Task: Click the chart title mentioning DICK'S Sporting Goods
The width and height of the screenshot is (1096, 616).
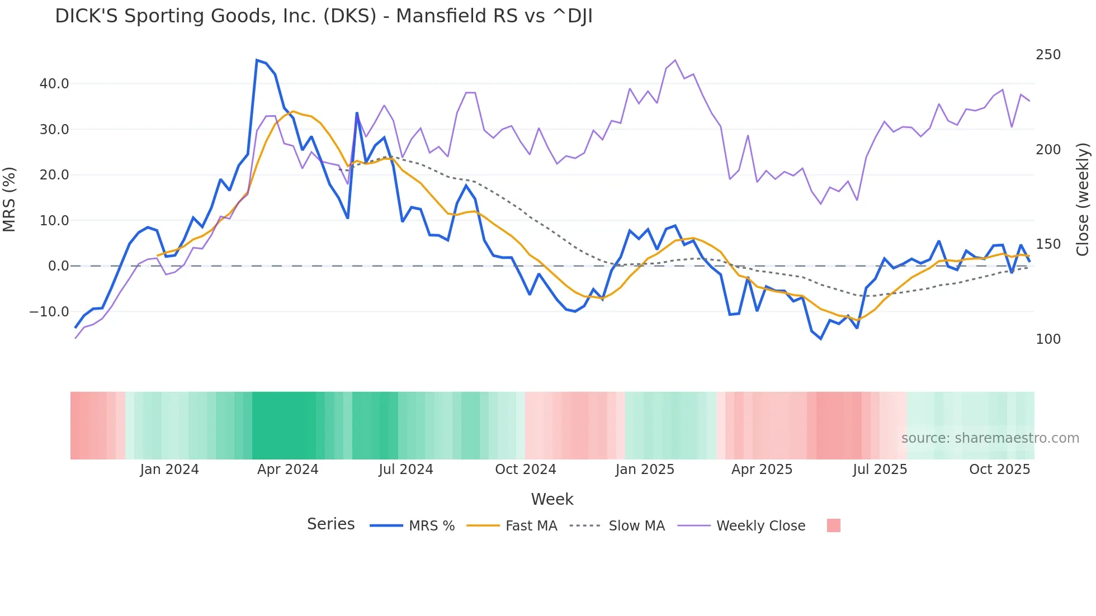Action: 323,16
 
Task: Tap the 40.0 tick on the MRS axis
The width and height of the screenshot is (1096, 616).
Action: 54,84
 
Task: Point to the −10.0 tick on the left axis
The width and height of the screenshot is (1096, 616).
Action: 49,312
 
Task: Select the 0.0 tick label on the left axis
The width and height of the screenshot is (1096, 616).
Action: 58,266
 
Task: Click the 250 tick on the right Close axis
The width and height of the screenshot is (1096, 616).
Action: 1048,55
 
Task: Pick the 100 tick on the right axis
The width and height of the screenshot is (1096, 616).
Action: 1048,339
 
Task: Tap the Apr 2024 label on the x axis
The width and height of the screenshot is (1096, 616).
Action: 287,470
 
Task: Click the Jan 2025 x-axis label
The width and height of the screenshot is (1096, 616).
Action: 645,470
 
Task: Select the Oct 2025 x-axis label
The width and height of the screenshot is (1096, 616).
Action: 999,470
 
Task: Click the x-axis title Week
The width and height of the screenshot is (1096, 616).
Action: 552,499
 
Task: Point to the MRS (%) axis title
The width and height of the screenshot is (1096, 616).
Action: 10,199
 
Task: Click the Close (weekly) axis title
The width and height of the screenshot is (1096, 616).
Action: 1083,199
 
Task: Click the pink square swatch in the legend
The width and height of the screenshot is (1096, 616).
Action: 833,525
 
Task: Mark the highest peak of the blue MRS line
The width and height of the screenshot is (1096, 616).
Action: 257,60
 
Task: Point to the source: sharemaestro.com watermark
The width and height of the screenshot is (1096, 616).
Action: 990,438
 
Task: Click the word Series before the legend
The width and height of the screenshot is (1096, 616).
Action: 330,524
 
